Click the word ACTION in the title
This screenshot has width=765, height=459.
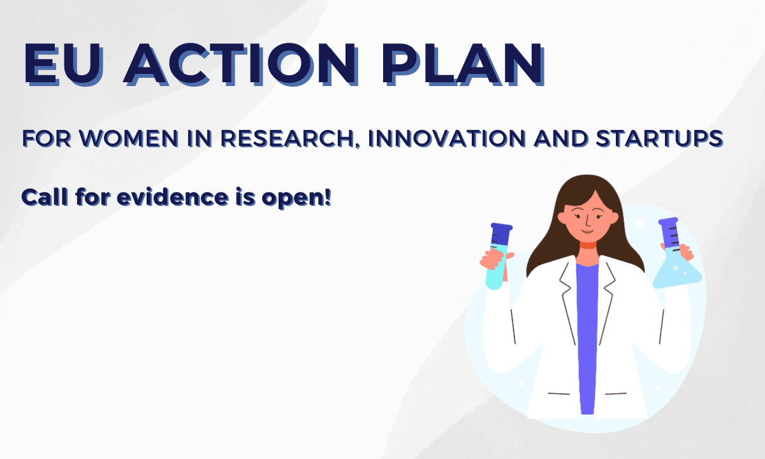241,64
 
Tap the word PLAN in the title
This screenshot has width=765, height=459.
463,64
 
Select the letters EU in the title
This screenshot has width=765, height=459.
64,64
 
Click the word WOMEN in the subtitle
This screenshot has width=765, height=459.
129,138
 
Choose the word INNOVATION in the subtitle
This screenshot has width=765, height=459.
447,138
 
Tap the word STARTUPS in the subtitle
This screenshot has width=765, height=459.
659,138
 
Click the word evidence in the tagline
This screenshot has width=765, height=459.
173,197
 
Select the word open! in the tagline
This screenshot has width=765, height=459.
296,198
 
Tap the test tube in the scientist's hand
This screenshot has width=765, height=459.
498,256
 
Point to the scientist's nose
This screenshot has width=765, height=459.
588,222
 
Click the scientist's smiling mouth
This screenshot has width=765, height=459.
587,232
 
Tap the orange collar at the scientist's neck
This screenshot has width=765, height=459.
588,245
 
